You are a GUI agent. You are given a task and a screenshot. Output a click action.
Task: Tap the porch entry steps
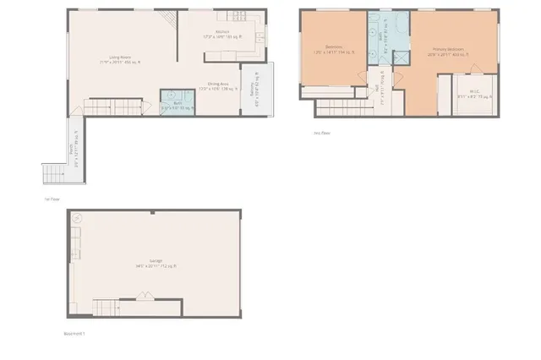[52, 174]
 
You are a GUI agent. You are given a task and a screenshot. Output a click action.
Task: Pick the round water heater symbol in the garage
[78, 218]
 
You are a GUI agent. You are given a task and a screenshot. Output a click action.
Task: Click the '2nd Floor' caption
[320, 133]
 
